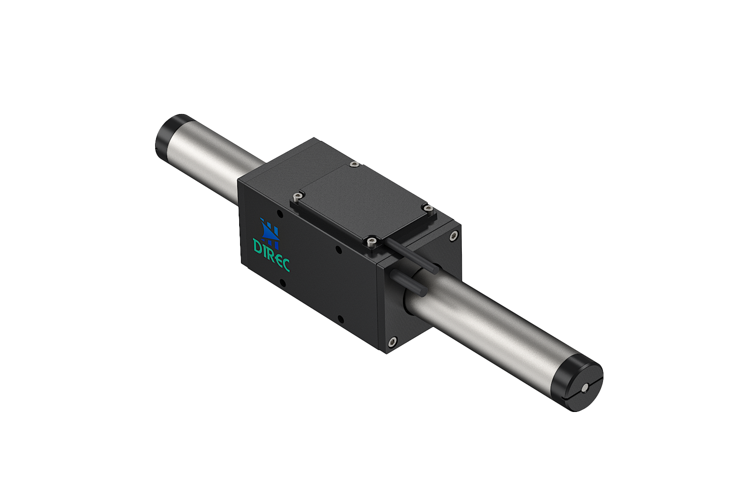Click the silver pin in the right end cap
(585, 387)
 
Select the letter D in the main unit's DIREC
(258, 246)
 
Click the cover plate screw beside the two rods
(371, 242)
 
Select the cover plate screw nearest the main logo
(297, 196)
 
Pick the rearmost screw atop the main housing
(354, 165)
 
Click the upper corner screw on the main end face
(454, 236)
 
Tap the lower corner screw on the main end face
(392, 342)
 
